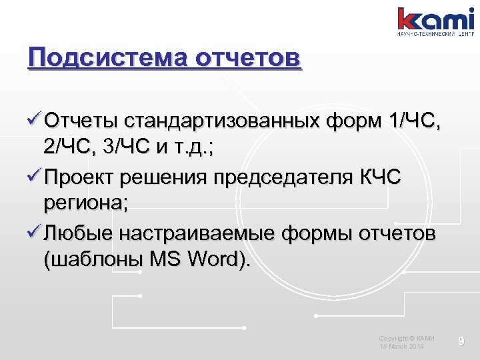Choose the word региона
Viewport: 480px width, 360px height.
pyautogui.click(x=84, y=205)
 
